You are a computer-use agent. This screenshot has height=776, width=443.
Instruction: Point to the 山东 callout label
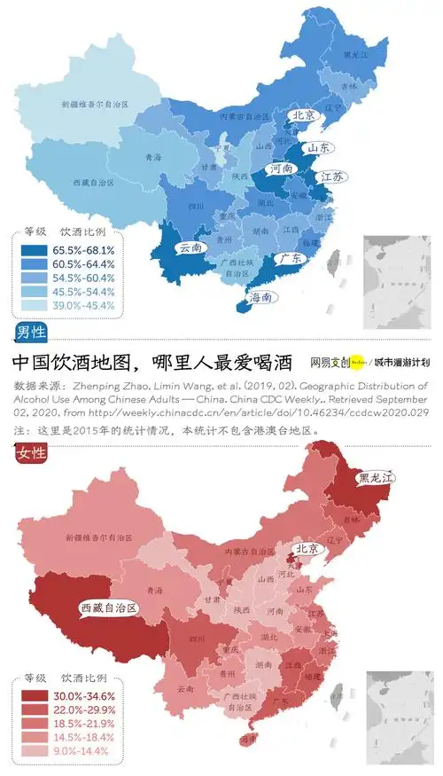click(320, 148)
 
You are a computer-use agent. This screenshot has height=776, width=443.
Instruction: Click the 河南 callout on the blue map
click(283, 168)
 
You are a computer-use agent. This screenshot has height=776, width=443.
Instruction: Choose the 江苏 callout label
click(334, 177)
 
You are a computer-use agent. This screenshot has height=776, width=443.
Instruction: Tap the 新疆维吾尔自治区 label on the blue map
click(95, 105)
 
